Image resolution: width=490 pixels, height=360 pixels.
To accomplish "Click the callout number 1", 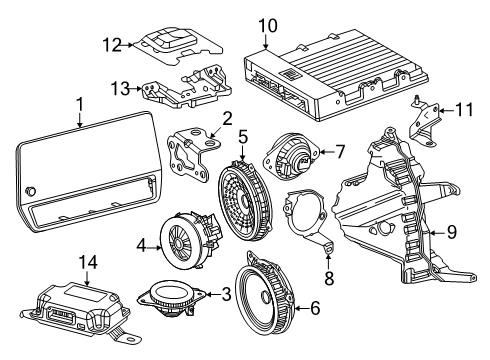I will click(x=79, y=104).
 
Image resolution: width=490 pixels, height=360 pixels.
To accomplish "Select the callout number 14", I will click(x=89, y=263).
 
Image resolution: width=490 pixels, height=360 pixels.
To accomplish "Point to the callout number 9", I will click(x=451, y=233).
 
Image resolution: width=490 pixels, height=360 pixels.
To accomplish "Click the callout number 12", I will click(x=112, y=43).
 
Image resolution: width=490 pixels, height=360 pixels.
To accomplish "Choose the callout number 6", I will click(x=314, y=309).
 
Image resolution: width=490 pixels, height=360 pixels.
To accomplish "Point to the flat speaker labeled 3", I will click(x=176, y=297).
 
